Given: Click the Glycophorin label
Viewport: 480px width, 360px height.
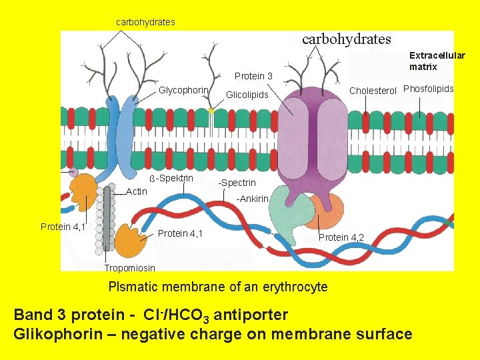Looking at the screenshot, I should [x=184, y=90].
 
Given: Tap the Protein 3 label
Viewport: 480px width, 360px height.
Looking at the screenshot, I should [x=253, y=76].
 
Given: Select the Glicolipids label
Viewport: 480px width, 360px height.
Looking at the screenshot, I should [x=247, y=95].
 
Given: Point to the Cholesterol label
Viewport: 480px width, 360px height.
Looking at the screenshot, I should [x=373, y=90].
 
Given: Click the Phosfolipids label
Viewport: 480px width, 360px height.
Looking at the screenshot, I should [x=428, y=89].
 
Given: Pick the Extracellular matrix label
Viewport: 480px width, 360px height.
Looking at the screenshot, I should [x=437, y=61].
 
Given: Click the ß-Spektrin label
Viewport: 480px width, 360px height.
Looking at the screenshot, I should [x=171, y=178].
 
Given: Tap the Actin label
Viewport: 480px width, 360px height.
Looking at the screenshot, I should [x=137, y=191].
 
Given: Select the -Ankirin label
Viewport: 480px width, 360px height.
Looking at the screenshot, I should [x=253, y=199].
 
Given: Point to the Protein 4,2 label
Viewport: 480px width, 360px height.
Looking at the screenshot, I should [x=341, y=237].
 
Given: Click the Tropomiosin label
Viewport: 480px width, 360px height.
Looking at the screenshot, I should [x=129, y=268].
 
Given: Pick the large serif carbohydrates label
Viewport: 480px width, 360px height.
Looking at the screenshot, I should [x=347, y=39].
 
